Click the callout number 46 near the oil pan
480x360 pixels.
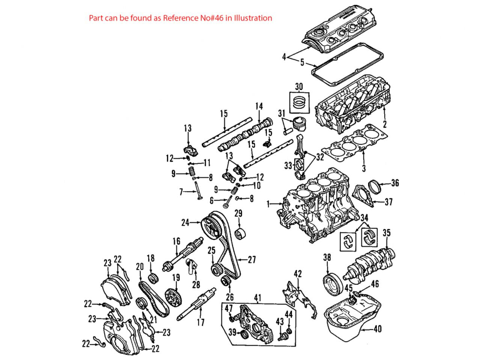click(x=375, y=284)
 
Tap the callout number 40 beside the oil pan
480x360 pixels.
click(x=378, y=329)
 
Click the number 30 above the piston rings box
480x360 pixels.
click(x=299, y=86)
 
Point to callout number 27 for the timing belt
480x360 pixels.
click(x=251, y=259)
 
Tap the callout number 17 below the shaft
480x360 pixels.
click(x=201, y=322)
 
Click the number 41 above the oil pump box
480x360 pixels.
click(x=257, y=298)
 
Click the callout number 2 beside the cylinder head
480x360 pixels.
click(x=385, y=124)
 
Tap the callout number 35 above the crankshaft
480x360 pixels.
click(x=387, y=233)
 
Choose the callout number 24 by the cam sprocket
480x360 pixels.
click(x=185, y=222)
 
